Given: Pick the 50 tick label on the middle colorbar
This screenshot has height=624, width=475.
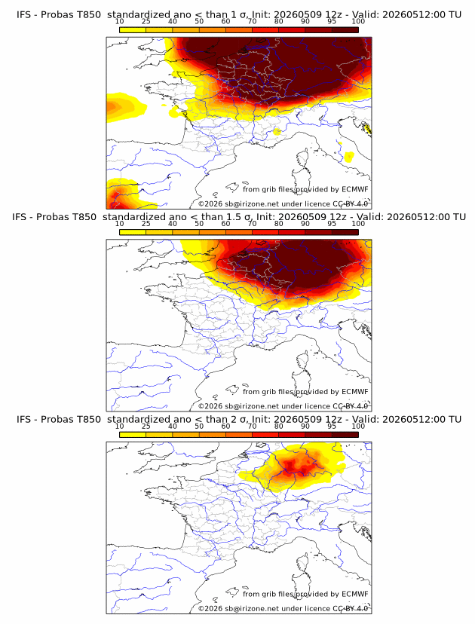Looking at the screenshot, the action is coord(199,223).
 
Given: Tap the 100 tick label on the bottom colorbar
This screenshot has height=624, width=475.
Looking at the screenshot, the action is coord(358,426).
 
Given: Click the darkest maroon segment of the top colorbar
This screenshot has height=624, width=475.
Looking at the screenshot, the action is coord(345,30).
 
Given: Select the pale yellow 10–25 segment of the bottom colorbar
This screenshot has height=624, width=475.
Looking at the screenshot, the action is coord(133,435).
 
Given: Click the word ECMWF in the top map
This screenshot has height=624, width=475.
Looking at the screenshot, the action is coord(355,189).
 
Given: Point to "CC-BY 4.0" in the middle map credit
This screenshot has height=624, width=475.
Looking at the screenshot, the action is coord(351,406).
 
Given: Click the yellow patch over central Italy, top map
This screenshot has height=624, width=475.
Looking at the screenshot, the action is coord(349,157).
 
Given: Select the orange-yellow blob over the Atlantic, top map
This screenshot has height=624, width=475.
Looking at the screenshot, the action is coord(124,107).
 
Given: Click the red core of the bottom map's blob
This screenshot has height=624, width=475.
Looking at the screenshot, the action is coord(296,466).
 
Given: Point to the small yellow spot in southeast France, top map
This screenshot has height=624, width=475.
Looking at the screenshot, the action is coord(277,131).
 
